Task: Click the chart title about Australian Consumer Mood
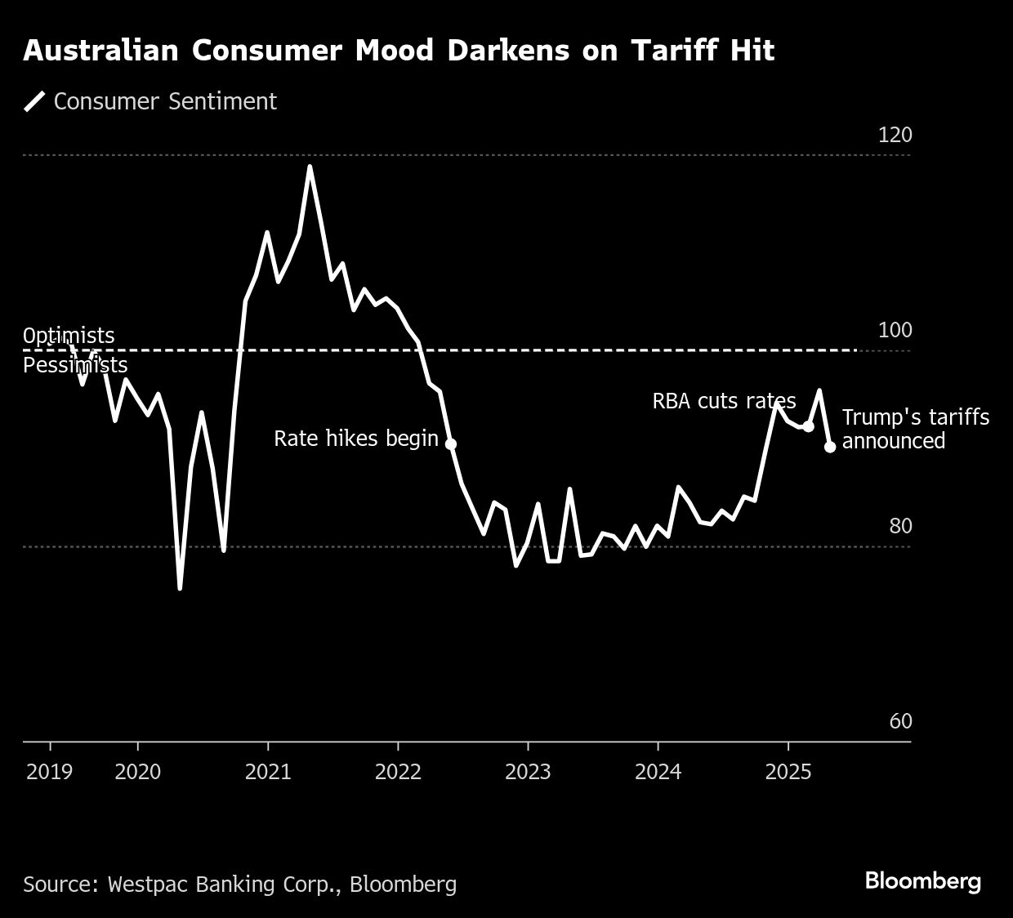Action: click(x=399, y=51)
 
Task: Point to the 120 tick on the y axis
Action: click(x=895, y=135)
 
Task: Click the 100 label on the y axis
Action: click(x=895, y=331)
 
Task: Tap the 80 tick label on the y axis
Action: click(x=900, y=526)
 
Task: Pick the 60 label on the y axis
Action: click(x=900, y=721)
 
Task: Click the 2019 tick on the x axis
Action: click(x=50, y=772)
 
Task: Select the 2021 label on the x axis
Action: click(x=268, y=772)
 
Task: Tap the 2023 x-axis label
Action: click(x=528, y=772)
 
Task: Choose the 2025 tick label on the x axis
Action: click(x=788, y=772)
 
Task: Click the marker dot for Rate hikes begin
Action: click(x=450, y=444)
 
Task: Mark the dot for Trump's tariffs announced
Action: click(x=830, y=447)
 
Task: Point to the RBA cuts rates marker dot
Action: click(x=808, y=426)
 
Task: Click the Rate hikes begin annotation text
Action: click(x=356, y=439)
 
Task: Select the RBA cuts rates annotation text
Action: click(x=724, y=401)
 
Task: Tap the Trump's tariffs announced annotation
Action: click(x=915, y=429)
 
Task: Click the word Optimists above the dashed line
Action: click(x=69, y=336)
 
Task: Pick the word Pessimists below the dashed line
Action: click(x=75, y=365)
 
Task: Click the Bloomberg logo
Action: click(x=922, y=881)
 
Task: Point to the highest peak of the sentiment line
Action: click(x=310, y=167)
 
